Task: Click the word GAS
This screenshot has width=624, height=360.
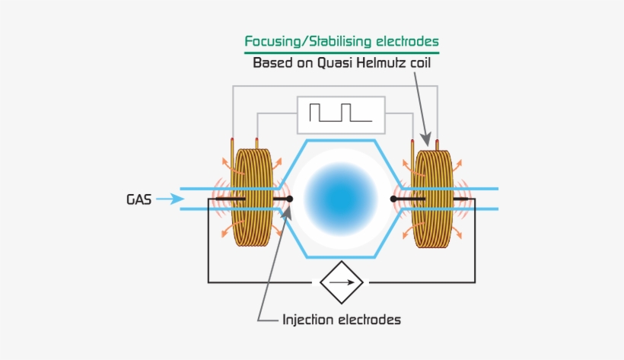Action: point(138,199)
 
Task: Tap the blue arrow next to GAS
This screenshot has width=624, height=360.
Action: point(170,199)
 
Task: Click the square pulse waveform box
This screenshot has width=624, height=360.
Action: point(341,114)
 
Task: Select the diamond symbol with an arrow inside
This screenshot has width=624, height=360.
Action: point(341,282)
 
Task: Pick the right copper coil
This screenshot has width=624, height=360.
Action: point(432,198)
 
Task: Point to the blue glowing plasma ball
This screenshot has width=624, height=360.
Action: point(341,198)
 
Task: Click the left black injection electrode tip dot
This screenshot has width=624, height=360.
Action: point(289,199)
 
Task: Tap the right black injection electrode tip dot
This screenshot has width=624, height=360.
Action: point(393,199)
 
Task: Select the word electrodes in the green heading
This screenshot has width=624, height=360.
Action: point(406,41)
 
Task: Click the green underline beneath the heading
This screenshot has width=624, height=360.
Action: point(341,53)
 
